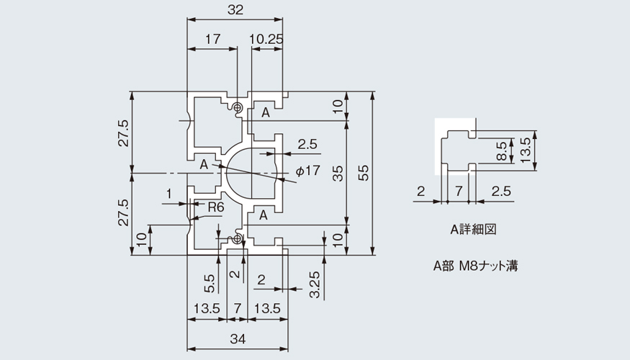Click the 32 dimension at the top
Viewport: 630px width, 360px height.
235,9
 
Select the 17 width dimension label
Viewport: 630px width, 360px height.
213,39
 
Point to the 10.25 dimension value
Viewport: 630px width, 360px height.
266,39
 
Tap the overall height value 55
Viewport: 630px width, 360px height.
363,173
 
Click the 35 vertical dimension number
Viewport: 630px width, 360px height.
338,174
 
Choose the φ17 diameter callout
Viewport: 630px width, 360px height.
307,171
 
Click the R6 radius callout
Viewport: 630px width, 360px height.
216,207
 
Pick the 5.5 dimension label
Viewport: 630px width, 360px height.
210,283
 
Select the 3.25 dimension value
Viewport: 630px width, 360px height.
315,285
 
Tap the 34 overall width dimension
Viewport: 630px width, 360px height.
238,339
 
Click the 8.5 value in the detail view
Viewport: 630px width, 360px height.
502,150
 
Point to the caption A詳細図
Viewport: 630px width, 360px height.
473,230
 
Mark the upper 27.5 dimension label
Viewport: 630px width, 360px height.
124,133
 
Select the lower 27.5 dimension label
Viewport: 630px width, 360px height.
124,212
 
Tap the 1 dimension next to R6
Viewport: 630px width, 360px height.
169,194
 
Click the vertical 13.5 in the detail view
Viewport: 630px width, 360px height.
525,150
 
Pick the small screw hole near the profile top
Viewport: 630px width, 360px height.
238,107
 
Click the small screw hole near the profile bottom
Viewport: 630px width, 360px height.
237,239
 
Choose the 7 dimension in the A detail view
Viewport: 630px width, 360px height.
459,191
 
